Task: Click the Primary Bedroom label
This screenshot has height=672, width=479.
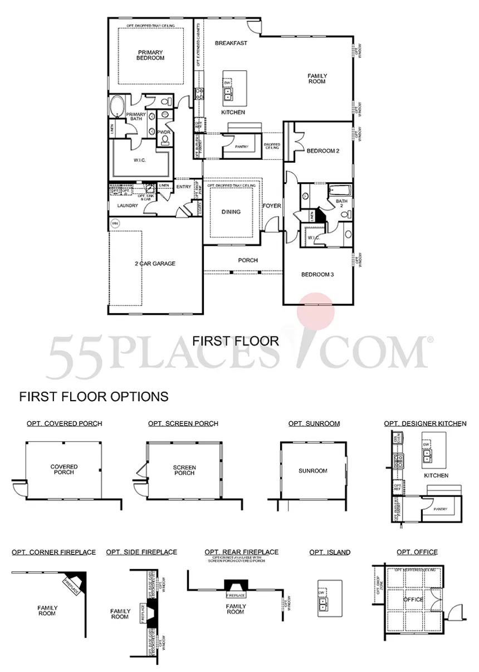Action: pos(151,55)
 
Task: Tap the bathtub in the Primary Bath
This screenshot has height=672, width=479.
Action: pos(117,106)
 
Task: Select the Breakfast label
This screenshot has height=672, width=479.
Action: pos(230,43)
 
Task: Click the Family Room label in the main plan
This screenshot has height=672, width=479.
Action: pos(317,79)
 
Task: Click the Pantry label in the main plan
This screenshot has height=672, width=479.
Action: pos(241,147)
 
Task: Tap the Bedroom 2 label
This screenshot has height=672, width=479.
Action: pos(322,151)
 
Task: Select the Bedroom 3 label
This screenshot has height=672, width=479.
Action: pos(317,274)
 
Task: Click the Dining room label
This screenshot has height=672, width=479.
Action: pos(231,212)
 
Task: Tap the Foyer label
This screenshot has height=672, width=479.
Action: pos(272,206)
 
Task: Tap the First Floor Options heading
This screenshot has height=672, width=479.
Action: pos(94,397)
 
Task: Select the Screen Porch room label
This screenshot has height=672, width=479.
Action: pos(184,470)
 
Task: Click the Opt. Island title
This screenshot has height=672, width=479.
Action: pos(330,552)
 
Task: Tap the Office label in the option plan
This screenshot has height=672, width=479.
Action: pos(413,600)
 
